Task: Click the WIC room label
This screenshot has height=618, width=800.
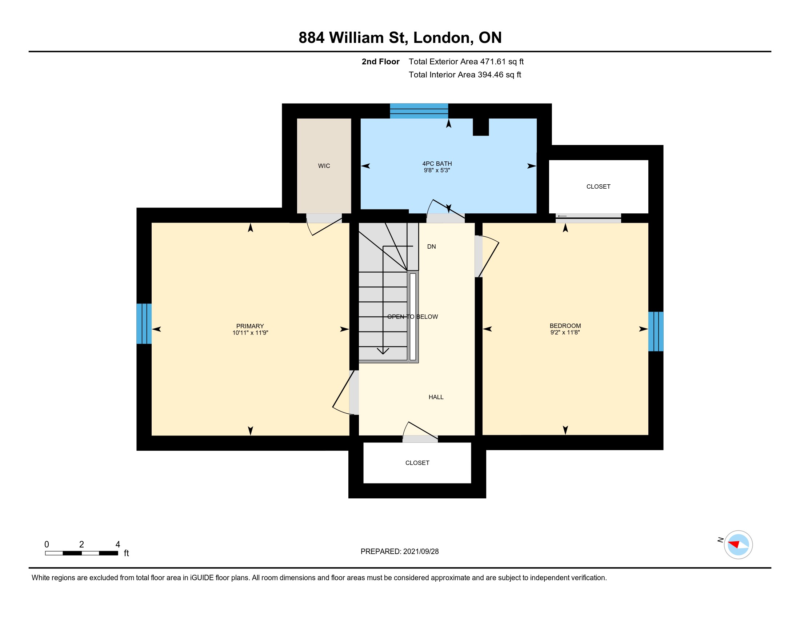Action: pos(324,166)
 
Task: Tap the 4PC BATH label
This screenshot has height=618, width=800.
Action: pos(437,164)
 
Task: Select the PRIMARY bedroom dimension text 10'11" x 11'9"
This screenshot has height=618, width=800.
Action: pos(250,333)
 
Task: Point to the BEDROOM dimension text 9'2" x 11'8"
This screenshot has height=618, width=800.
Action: pos(565,332)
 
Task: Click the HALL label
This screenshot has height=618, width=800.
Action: pos(436,397)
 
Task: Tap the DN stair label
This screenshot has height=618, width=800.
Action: pos(432,246)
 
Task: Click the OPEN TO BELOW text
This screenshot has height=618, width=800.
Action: pos(412,317)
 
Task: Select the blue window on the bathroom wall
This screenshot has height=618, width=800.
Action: pos(419,111)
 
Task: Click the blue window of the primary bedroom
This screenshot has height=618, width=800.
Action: pos(144,324)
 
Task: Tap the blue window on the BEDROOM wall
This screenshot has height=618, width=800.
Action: pos(656,331)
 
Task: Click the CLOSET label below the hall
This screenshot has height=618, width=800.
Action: pos(417,463)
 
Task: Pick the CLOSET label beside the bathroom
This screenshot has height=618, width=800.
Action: pos(598,186)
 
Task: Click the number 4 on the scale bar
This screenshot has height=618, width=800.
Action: pos(117,544)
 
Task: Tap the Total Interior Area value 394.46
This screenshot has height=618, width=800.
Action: pos(491,75)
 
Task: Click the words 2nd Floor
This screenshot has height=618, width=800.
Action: pos(381,61)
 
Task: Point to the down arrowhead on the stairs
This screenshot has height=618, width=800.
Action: pos(383,351)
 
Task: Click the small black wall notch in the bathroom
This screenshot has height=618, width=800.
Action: pos(481,127)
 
